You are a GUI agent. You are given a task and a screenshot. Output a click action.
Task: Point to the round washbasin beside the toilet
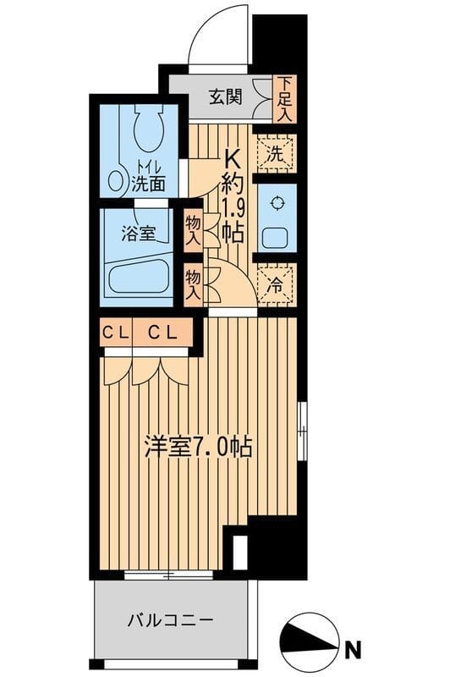115,181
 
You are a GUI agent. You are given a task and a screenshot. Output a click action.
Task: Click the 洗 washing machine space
275,154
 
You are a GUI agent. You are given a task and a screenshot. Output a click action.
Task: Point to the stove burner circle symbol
275,202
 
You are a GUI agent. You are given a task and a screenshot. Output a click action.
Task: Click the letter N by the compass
353,651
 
